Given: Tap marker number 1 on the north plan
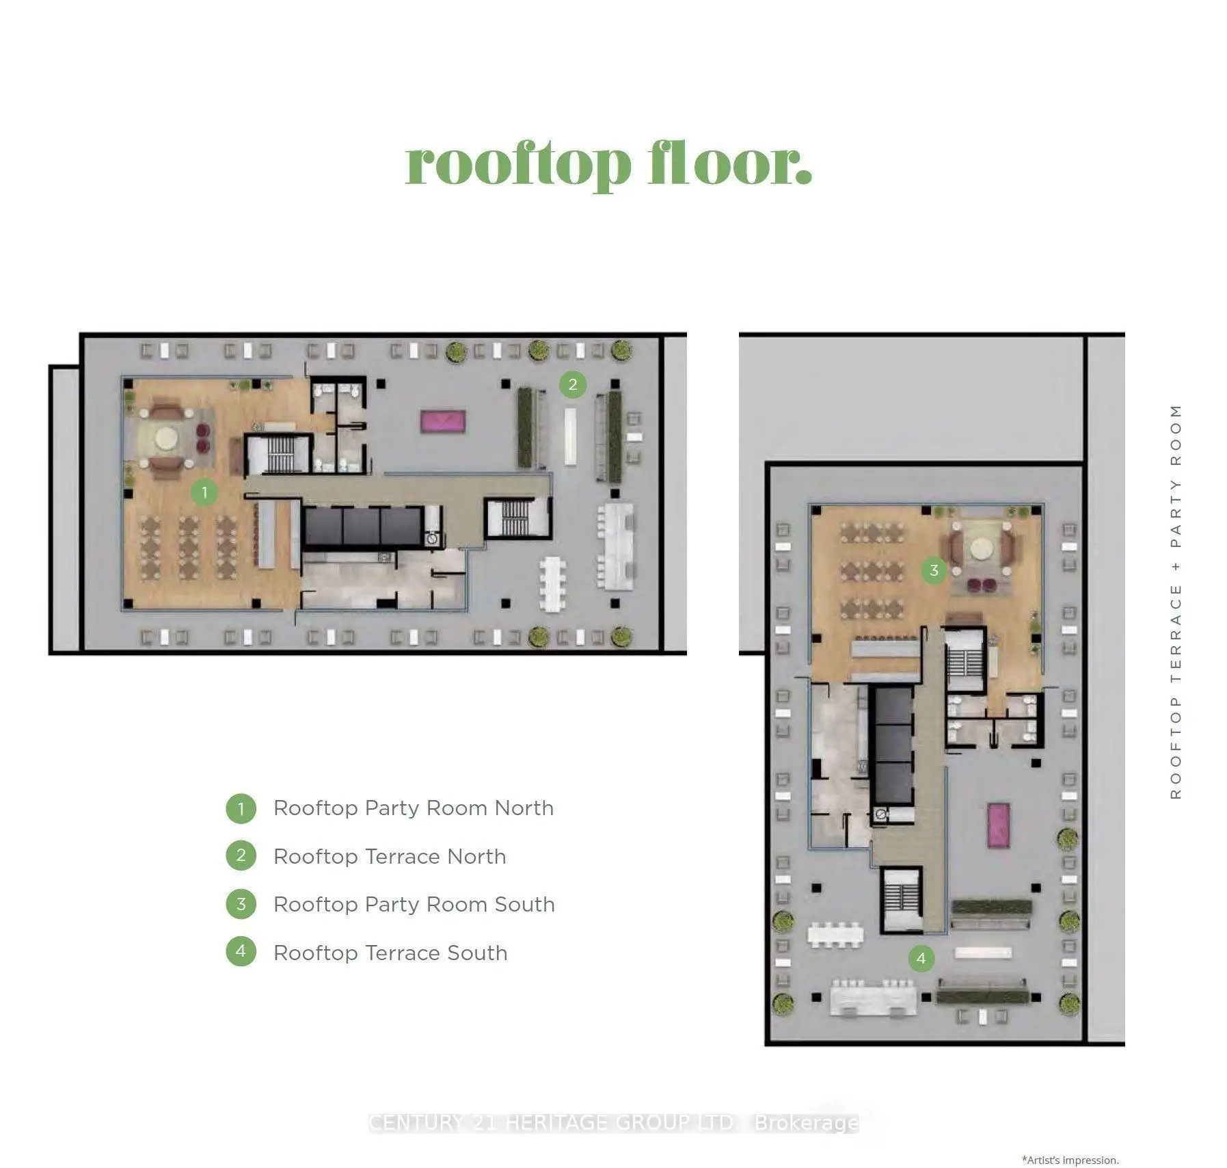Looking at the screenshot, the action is pos(204,492).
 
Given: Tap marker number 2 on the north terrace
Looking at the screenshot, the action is pos(573,384).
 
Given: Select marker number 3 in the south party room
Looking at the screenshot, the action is pos(934,570).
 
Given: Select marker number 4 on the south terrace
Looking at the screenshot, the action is pos(921,958).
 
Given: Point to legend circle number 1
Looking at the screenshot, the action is pos(241,809).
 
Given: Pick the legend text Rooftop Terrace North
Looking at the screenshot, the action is pos(390,856).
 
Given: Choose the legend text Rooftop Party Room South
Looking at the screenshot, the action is pos(414,905).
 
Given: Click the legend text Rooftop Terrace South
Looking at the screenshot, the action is pos(390,953).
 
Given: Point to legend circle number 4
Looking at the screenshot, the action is pos(241,951).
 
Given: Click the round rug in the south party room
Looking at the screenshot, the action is pos(982,548).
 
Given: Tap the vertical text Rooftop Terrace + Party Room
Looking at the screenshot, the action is pos(1176,601).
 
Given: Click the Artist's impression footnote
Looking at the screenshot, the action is pos(1070,1160).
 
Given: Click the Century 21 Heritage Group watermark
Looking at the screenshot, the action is pos(613,1123).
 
